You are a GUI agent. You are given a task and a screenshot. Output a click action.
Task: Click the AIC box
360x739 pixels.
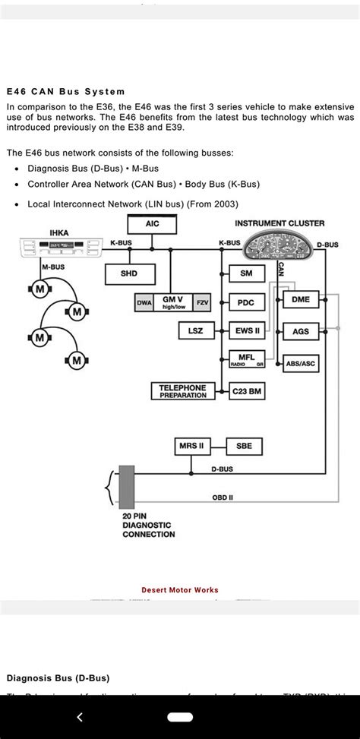[152, 224]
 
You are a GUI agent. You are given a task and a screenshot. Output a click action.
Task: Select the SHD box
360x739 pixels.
[129, 273]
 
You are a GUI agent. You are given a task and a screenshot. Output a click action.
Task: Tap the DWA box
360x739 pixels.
[144, 302]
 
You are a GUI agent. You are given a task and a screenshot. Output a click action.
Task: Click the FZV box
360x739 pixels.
[203, 302]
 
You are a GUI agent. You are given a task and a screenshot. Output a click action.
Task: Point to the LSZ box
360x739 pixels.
[195, 331]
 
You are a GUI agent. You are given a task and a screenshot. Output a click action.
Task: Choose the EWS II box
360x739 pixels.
[246, 331]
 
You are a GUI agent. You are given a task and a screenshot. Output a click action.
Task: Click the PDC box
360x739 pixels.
[246, 302]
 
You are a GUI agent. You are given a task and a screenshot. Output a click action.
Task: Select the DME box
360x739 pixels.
[301, 299]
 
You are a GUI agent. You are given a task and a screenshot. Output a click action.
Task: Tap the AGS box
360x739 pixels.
[301, 332]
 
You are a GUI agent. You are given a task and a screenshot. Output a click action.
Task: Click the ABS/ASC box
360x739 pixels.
[301, 364]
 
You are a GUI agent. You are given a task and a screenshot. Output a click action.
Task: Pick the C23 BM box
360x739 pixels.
[246, 391]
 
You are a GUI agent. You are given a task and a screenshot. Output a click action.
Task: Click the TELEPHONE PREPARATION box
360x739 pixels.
[182, 391]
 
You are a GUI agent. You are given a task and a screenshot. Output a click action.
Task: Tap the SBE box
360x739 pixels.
[244, 446]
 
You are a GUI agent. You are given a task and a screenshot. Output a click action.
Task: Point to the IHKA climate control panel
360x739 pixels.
[58, 248]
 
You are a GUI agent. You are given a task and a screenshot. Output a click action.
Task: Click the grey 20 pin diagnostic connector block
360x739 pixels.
[127, 486]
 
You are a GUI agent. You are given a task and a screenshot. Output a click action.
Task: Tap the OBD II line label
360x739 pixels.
[223, 497]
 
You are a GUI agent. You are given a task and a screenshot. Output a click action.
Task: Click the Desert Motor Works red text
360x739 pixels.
[180, 590]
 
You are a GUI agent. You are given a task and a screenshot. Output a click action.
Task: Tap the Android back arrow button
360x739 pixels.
[80, 716]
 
